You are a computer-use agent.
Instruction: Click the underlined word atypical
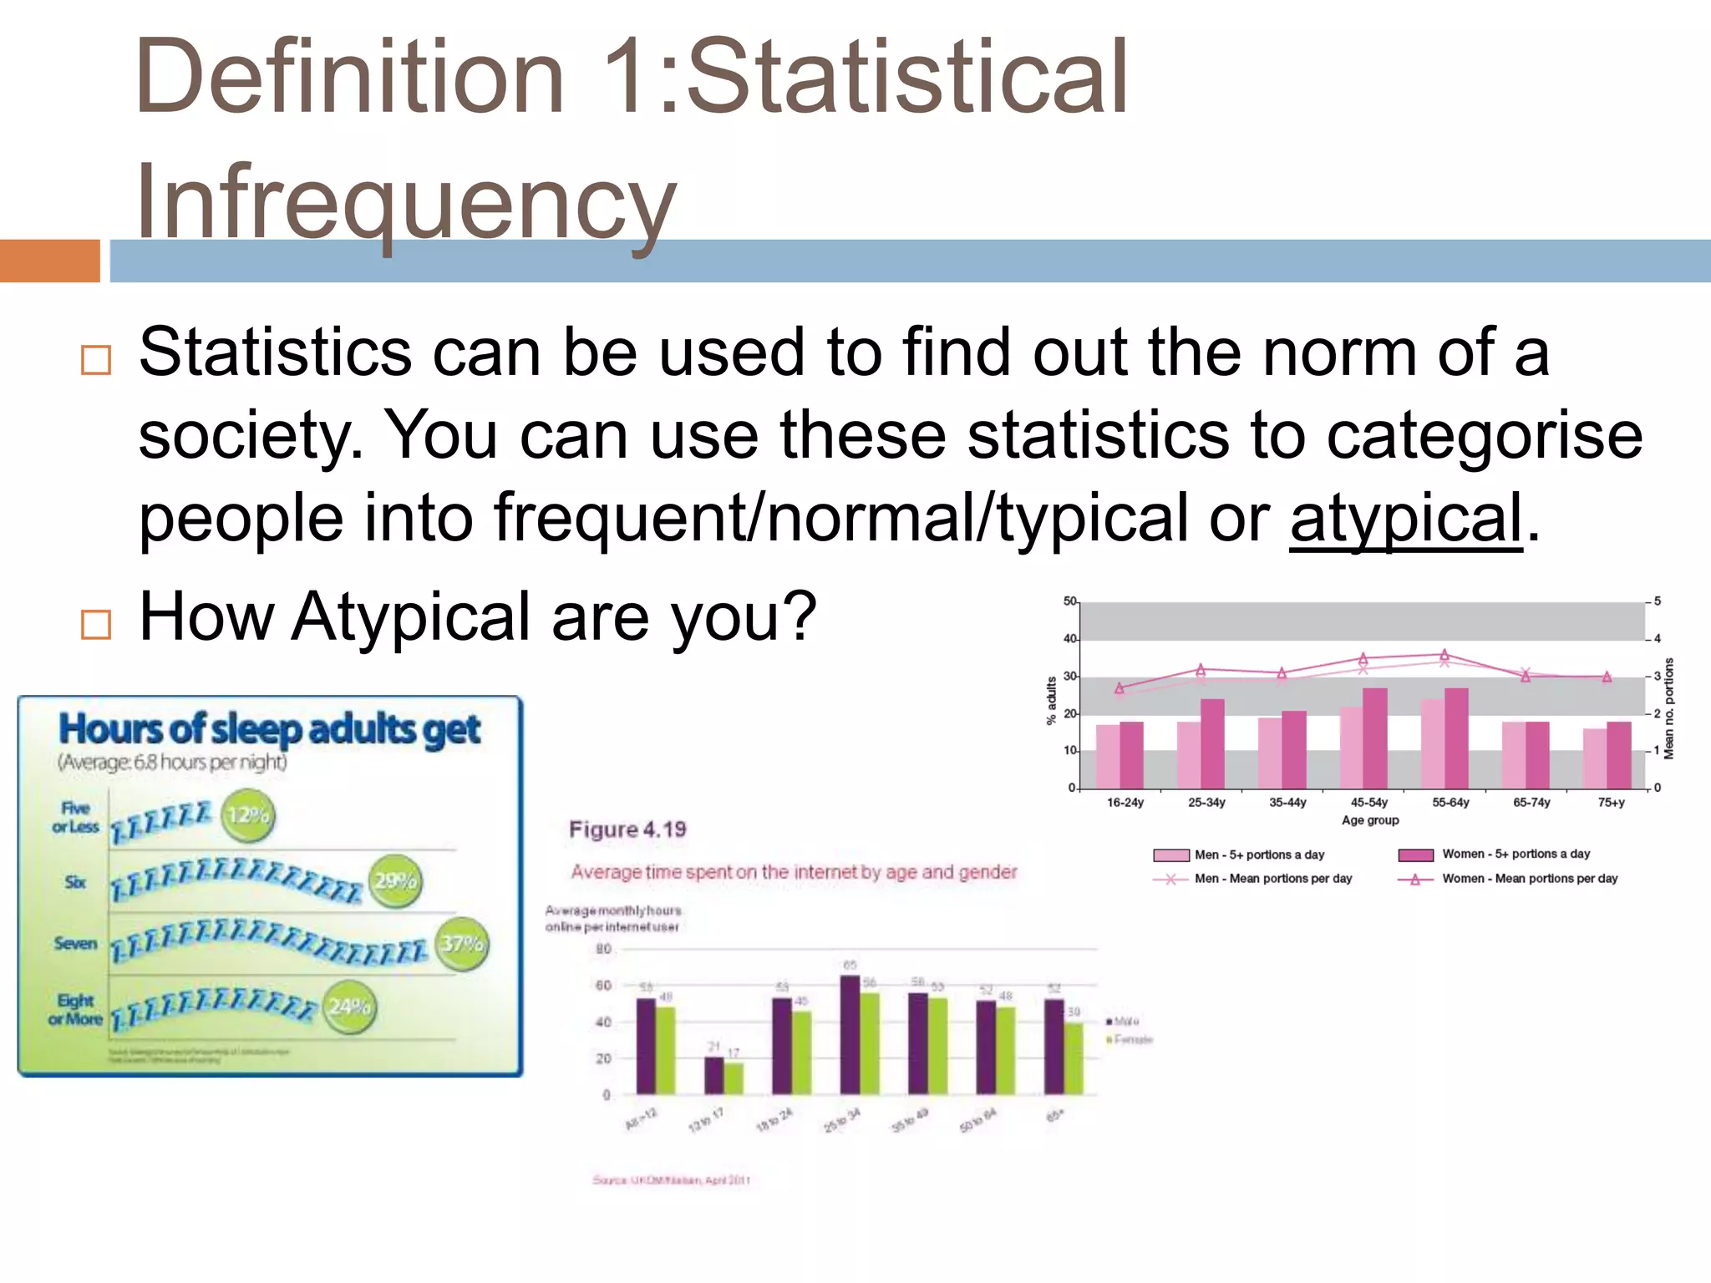[x=1406, y=518]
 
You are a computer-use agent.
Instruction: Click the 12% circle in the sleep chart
[x=248, y=815]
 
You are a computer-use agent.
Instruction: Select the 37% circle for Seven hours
[x=462, y=944]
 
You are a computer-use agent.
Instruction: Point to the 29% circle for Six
[x=395, y=881]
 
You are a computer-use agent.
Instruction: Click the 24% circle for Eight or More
[x=349, y=1007]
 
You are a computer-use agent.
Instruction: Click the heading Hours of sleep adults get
[x=269, y=729]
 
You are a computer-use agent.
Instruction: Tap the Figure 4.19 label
[x=627, y=829]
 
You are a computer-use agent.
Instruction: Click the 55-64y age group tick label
[x=1450, y=803]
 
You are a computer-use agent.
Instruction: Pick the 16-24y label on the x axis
[x=1125, y=803]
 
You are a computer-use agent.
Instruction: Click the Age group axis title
[x=1370, y=820]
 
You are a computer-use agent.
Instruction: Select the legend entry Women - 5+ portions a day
[x=1516, y=854]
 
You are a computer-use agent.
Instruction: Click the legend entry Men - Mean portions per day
[x=1272, y=879]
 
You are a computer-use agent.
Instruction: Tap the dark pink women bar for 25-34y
[x=1212, y=743]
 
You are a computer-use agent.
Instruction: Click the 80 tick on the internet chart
[x=603, y=949]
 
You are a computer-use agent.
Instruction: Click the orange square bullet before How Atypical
[x=96, y=624]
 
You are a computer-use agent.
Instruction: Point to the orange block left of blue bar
[x=49, y=261]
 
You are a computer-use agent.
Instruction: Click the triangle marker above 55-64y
[x=1444, y=655]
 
